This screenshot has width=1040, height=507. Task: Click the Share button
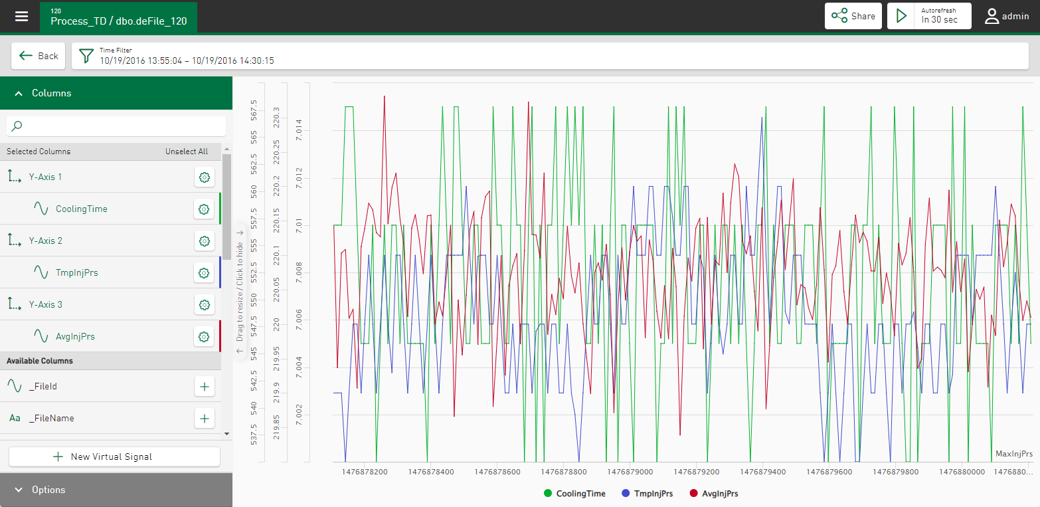point(853,16)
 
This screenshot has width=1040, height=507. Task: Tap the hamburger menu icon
point(22,16)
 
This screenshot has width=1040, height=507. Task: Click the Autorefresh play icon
point(901,16)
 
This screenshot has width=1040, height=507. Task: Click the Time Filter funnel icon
point(86,56)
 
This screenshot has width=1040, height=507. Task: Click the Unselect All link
point(187,152)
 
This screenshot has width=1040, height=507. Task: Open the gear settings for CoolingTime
point(205,209)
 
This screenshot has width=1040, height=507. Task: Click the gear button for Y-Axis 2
point(205,241)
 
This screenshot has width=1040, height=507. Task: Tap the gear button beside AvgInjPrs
point(205,337)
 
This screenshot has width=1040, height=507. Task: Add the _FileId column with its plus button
point(205,386)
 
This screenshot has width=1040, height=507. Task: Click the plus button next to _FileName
point(205,418)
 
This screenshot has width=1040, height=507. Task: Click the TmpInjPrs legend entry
point(648,494)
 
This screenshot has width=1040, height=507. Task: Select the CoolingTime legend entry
point(574,494)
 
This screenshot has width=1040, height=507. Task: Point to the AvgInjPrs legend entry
point(714,494)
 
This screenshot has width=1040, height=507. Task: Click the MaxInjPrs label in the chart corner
point(1013,454)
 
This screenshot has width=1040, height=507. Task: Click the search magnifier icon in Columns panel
point(18,126)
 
